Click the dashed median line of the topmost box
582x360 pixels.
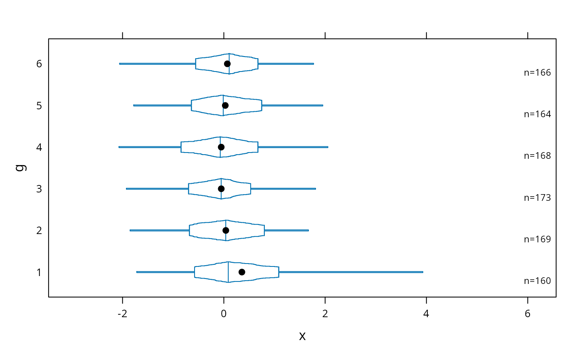click(x=229, y=64)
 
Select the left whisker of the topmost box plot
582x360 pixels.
click(x=157, y=64)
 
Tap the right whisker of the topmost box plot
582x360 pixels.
click(x=286, y=64)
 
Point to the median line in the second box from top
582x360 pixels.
click(x=223, y=106)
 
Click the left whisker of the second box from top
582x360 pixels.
click(x=162, y=106)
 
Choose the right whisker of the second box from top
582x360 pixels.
click(x=293, y=106)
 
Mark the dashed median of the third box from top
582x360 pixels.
click(x=220, y=147)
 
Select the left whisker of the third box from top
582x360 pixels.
click(x=150, y=147)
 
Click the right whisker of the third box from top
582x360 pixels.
click(x=293, y=147)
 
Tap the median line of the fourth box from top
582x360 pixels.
click(x=221, y=189)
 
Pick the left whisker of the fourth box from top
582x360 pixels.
click(x=157, y=189)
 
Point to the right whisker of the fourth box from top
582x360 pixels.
click(x=284, y=189)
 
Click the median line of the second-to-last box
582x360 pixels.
click(x=226, y=230)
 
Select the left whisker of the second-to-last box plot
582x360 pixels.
click(x=160, y=230)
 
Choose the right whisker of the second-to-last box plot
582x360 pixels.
click(x=286, y=230)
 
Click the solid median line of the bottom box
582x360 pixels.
click(x=228, y=272)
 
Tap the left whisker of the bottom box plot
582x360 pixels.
click(x=165, y=272)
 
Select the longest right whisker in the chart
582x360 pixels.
click(x=351, y=272)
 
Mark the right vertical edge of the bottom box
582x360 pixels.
click(x=279, y=272)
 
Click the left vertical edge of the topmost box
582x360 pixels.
click(x=195, y=64)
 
